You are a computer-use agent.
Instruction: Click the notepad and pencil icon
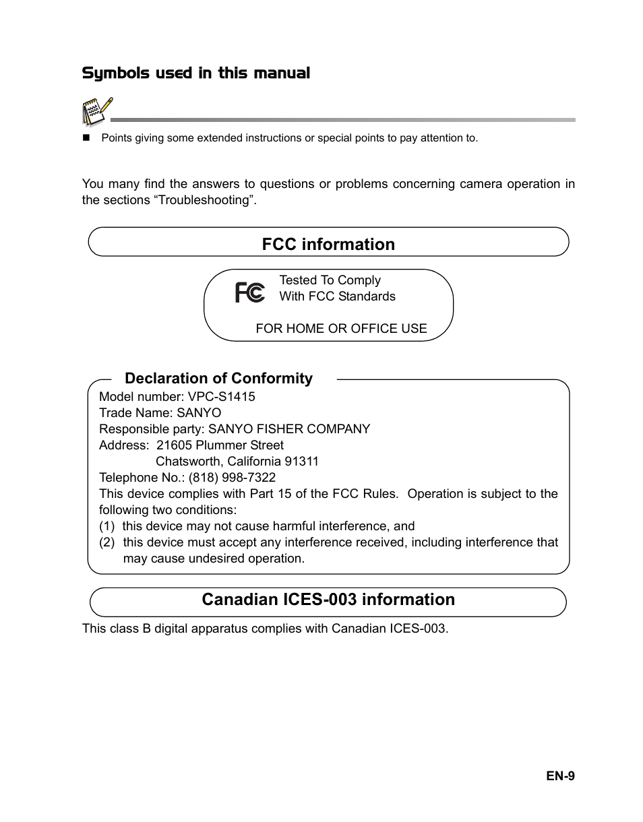pyautogui.click(x=96, y=112)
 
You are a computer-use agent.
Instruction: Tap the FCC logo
pyautogui.click(x=249, y=292)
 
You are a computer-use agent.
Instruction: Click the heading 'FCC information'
pyautogui.click(x=328, y=244)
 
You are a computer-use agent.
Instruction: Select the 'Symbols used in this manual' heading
pyautogui.click(x=196, y=73)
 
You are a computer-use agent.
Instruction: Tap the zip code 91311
pyautogui.click(x=301, y=462)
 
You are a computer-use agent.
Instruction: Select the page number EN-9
pyautogui.click(x=560, y=776)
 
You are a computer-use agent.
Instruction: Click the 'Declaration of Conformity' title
pyautogui.click(x=218, y=379)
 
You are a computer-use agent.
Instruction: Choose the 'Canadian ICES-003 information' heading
pyautogui.click(x=328, y=600)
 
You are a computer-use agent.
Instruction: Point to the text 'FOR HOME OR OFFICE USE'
pyautogui.click(x=341, y=329)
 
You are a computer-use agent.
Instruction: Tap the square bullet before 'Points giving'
pyautogui.click(x=86, y=138)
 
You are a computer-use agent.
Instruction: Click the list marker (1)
pyautogui.click(x=107, y=526)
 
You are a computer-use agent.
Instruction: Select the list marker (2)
pyautogui.click(x=107, y=542)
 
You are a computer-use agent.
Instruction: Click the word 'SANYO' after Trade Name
pyautogui.click(x=199, y=413)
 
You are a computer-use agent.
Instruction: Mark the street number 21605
pyautogui.click(x=174, y=445)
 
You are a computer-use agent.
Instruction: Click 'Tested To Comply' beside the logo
pyautogui.click(x=330, y=280)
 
